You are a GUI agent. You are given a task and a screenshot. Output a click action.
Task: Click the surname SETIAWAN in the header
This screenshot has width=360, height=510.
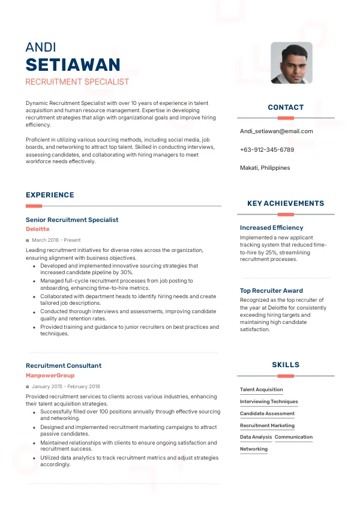73,65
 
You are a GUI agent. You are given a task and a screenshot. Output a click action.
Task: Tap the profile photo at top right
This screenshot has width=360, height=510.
292,62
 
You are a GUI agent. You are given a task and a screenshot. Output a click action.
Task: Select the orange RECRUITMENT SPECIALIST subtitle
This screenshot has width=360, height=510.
77,82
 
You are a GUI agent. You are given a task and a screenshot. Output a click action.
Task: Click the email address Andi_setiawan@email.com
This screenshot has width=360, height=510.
276,131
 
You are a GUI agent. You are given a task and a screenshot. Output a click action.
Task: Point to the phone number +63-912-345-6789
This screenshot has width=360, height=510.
267,149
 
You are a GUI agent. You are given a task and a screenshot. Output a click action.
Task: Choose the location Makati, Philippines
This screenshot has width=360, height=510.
265,168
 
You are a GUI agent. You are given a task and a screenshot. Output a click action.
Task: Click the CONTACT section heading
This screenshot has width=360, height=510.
286,107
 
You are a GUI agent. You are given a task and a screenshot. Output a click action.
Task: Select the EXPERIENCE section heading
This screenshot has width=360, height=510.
50,195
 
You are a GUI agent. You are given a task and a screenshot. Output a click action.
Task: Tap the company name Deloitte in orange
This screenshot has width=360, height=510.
38,229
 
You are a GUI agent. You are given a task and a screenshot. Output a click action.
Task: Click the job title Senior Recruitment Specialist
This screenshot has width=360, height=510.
72,220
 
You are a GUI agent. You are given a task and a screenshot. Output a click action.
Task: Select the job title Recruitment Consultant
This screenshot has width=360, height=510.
64,365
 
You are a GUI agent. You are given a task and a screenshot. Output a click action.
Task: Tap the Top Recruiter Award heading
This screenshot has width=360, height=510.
271,291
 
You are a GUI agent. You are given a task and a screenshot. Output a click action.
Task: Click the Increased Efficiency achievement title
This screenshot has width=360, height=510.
271,228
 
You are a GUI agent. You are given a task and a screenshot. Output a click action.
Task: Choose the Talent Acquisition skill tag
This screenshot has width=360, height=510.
261,390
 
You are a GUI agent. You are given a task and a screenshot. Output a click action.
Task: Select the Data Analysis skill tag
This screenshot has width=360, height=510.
256,437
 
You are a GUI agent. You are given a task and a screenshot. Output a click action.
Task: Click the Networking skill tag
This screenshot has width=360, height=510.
254,449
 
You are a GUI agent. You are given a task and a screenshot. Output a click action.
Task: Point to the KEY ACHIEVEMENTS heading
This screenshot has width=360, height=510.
286,203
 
